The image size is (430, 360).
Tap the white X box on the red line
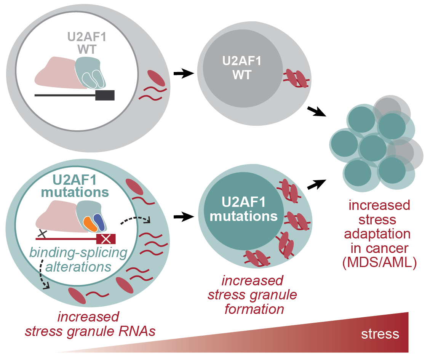tap(106, 239)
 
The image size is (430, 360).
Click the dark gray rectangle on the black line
tap(105, 95)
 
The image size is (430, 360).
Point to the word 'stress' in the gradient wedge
tap(380, 334)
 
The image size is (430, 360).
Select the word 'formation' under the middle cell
tap(254, 309)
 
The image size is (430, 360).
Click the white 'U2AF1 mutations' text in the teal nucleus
tap(244, 209)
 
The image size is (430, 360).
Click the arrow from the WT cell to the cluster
tap(317, 111)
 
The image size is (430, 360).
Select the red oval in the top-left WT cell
tap(156, 78)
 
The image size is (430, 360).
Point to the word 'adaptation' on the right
tap(379, 234)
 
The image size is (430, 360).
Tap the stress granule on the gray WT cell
tap(296, 78)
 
